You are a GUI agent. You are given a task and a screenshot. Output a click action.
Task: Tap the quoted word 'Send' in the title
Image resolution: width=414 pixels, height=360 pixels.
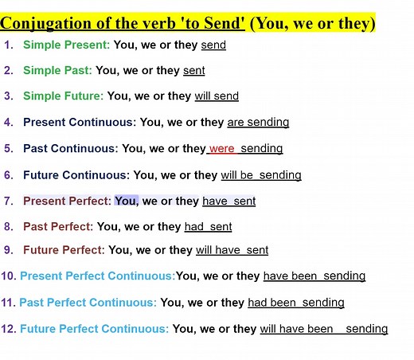click(222, 23)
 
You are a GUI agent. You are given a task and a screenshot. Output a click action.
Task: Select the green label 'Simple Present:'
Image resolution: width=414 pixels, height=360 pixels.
click(67, 45)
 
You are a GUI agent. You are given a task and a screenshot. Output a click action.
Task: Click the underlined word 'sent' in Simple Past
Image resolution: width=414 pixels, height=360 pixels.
click(193, 71)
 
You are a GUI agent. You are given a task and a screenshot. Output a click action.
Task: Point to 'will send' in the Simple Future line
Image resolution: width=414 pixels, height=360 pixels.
click(217, 96)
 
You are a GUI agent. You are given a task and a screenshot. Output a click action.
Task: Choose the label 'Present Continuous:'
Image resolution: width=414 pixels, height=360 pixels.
click(80, 123)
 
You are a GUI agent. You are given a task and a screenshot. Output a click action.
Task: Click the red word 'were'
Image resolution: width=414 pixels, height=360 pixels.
click(222, 148)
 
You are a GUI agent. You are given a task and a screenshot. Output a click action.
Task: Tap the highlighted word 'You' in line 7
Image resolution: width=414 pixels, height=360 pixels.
click(126, 201)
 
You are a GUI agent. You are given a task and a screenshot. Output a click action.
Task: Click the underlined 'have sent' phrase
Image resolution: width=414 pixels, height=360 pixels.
click(229, 202)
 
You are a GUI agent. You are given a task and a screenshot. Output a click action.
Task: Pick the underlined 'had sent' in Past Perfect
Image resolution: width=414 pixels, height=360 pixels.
click(208, 227)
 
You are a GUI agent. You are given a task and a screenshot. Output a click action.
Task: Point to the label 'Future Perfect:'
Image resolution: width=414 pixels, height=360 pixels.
click(64, 250)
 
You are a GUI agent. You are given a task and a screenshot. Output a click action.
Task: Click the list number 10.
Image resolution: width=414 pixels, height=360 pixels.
click(9, 276)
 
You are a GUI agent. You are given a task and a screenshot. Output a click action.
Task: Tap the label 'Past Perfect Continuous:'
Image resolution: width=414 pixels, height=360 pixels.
click(88, 303)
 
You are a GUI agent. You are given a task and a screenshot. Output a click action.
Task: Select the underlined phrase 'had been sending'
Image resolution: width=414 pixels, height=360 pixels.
click(296, 303)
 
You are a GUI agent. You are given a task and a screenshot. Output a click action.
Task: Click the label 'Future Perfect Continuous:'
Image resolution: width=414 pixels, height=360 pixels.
click(94, 329)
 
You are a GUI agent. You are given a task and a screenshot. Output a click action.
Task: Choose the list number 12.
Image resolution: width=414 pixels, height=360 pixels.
click(9, 329)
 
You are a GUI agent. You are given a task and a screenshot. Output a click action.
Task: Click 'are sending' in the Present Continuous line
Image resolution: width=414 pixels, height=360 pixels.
click(258, 123)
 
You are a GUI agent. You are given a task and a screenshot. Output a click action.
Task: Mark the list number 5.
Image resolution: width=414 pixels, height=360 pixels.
click(8, 148)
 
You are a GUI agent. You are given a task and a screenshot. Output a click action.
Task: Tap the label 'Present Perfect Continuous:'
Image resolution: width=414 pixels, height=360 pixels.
click(97, 276)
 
